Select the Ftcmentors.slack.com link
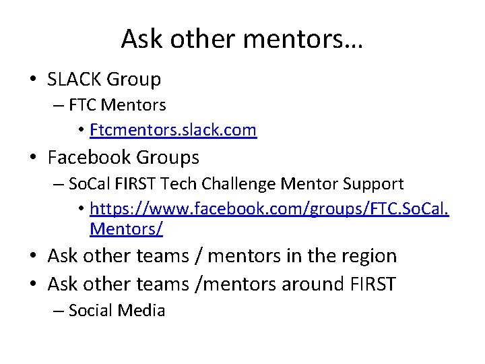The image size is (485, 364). [x=173, y=130]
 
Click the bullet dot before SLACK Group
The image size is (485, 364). [x=32, y=80]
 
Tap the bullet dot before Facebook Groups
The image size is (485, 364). [x=32, y=158]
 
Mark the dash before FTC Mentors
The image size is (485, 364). [x=55, y=106]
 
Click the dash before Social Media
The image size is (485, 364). [x=55, y=311]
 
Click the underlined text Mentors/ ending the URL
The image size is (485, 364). [x=126, y=229]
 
